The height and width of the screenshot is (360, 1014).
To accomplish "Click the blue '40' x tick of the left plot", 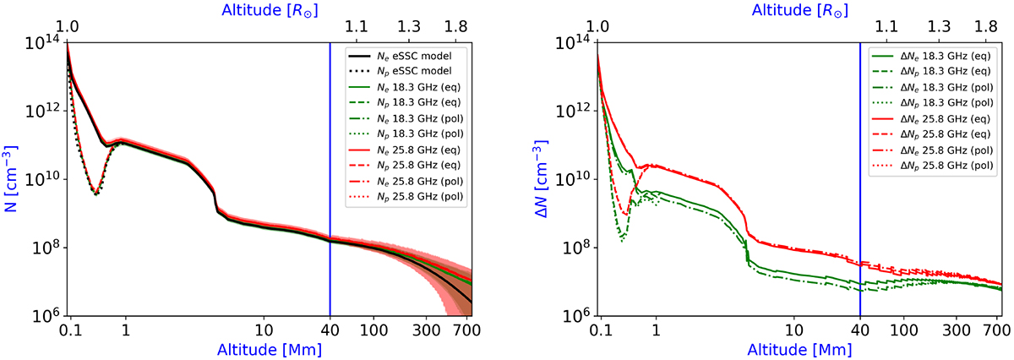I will (330, 328).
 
